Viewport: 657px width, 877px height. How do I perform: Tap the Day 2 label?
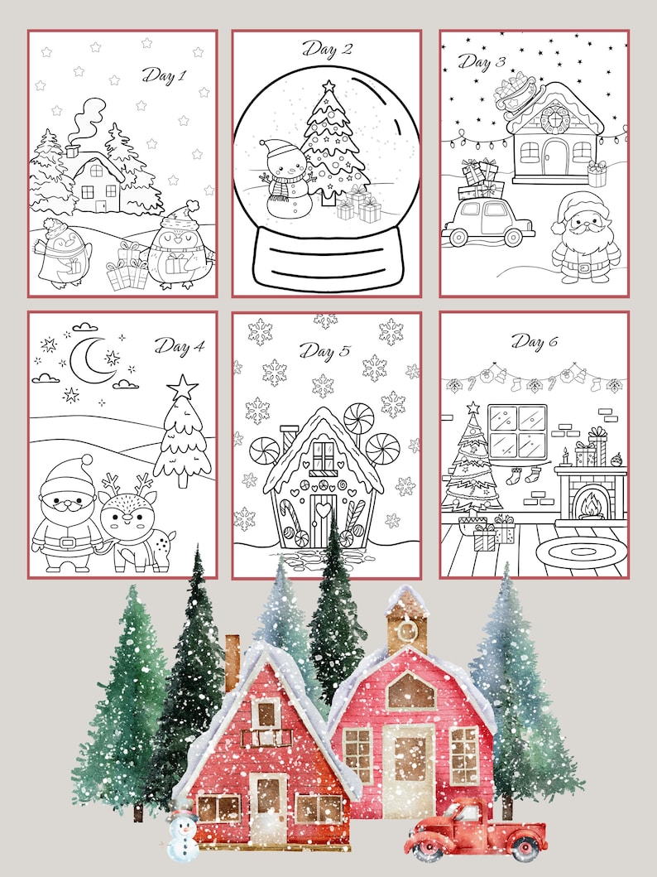(x=326, y=50)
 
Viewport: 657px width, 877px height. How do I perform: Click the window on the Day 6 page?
(x=516, y=431)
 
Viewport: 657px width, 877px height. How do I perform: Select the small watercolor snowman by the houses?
(x=182, y=836)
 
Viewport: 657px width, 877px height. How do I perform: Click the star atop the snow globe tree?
(x=328, y=86)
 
